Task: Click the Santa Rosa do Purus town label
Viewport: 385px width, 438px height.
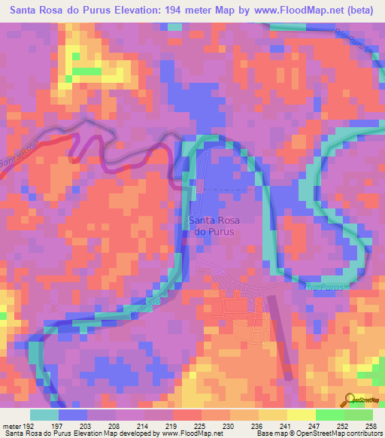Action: (x=215, y=226)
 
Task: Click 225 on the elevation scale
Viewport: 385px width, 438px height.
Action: (x=200, y=425)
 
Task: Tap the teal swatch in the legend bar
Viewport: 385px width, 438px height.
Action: (x=44, y=415)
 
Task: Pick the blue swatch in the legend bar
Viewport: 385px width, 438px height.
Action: (x=72, y=415)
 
